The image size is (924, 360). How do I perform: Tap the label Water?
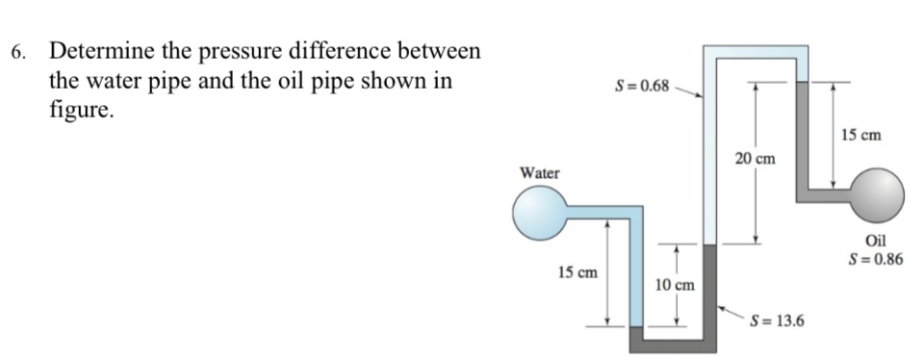pyautogui.click(x=539, y=173)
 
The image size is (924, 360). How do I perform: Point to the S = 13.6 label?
pyautogui.click(x=779, y=321)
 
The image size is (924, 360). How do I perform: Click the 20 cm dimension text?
pyautogui.click(x=755, y=157)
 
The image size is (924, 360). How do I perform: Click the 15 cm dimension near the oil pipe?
pyautogui.click(x=860, y=136)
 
